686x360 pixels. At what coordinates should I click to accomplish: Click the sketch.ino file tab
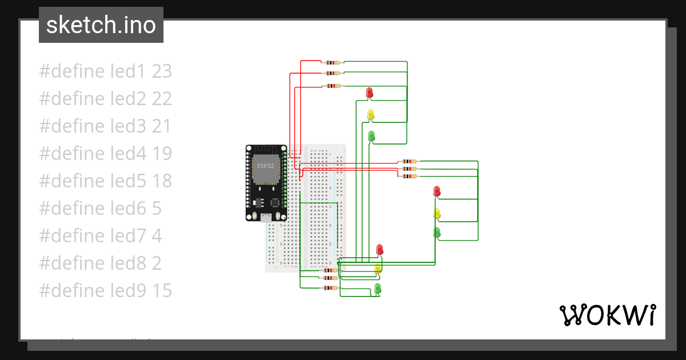click(x=101, y=25)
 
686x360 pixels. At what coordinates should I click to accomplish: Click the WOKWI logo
click(x=607, y=315)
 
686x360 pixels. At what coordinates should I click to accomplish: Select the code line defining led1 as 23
click(x=105, y=71)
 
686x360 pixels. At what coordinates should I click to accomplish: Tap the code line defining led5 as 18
click(x=105, y=181)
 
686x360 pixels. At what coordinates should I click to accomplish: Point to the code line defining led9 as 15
click(x=105, y=291)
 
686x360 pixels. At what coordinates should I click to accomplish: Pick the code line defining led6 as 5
click(x=100, y=209)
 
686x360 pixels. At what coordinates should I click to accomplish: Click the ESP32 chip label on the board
click(x=265, y=166)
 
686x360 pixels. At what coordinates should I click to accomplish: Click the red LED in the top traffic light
click(x=369, y=92)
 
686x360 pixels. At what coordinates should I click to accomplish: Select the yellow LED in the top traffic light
click(x=370, y=114)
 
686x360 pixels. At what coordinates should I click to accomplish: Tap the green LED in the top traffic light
click(x=371, y=136)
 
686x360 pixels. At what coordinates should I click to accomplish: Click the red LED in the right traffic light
click(x=437, y=191)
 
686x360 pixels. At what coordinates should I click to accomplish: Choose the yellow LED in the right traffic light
click(x=437, y=214)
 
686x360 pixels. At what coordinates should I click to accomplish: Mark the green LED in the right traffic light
click(x=437, y=232)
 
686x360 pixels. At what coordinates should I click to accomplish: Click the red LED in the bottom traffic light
click(x=379, y=250)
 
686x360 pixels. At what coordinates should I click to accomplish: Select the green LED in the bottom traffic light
click(x=377, y=287)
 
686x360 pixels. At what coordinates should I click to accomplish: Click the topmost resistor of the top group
click(x=332, y=62)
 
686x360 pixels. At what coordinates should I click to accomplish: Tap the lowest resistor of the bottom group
click(x=329, y=287)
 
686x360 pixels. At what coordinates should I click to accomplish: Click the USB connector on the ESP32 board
click(x=266, y=217)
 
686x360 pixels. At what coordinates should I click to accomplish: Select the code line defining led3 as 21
click(x=105, y=126)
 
